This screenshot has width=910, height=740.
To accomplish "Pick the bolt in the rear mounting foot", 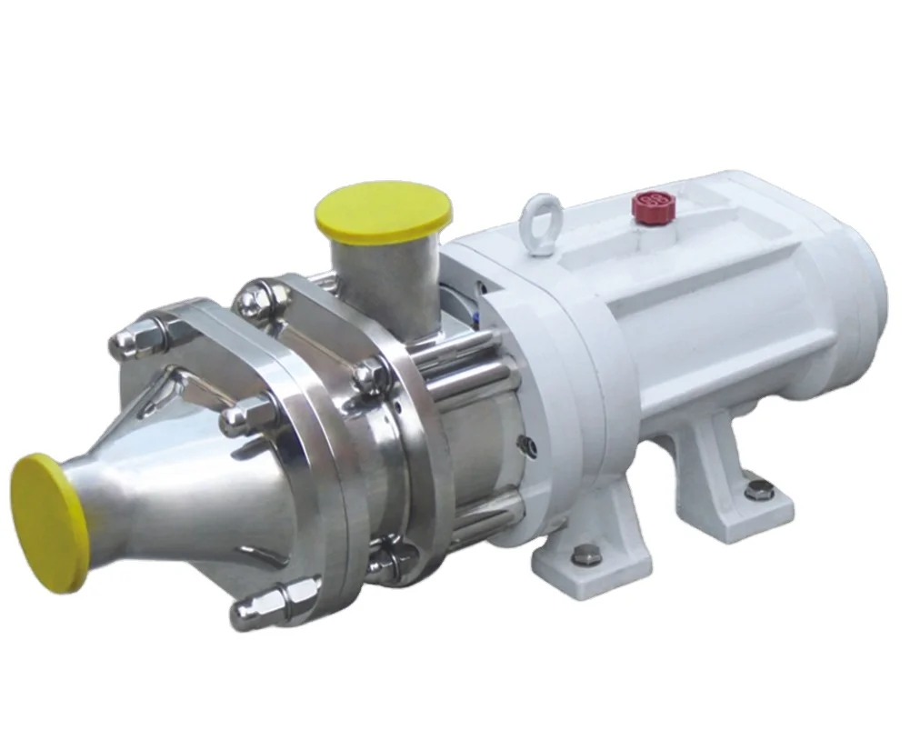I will click(x=754, y=491).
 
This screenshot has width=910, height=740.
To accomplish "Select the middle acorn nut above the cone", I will click(x=238, y=417).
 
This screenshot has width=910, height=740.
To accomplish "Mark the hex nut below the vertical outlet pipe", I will click(x=370, y=375).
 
